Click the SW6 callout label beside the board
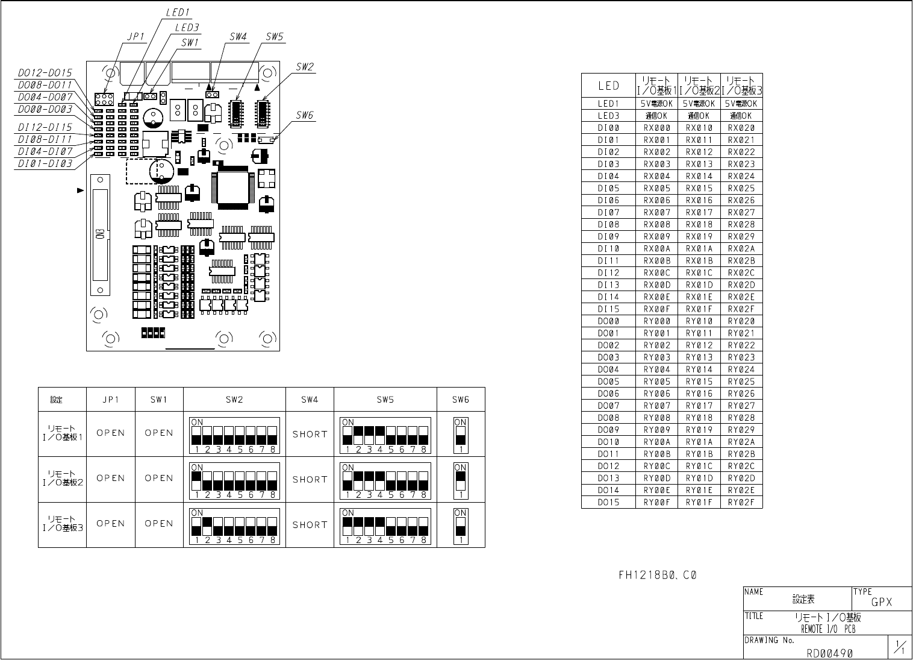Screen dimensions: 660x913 pos(305,115)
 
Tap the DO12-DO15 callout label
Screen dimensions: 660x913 pos(45,73)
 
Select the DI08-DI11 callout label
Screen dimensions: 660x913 pos(45,139)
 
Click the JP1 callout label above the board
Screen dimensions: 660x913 pos(136,36)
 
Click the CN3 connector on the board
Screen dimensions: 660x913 pos(100,234)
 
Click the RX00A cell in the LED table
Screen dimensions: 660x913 pos(656,248)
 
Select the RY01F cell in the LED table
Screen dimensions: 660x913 pos(699,502)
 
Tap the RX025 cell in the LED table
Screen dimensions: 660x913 pos(741,188)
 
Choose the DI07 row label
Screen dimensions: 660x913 pos(608,212)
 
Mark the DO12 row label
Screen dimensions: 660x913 pos(608,466)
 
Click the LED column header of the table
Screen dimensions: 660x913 pos(608,86)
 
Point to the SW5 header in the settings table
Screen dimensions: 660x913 pos(385,400)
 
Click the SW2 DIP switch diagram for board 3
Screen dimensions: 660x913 pos(234,526)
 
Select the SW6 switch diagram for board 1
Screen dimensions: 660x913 pos(461,435)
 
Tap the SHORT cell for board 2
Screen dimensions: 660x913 pos(310,479)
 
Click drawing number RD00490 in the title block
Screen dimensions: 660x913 pos(830,652)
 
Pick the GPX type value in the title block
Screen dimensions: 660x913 pos(882,602)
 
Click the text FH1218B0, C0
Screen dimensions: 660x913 pos(658,575)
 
